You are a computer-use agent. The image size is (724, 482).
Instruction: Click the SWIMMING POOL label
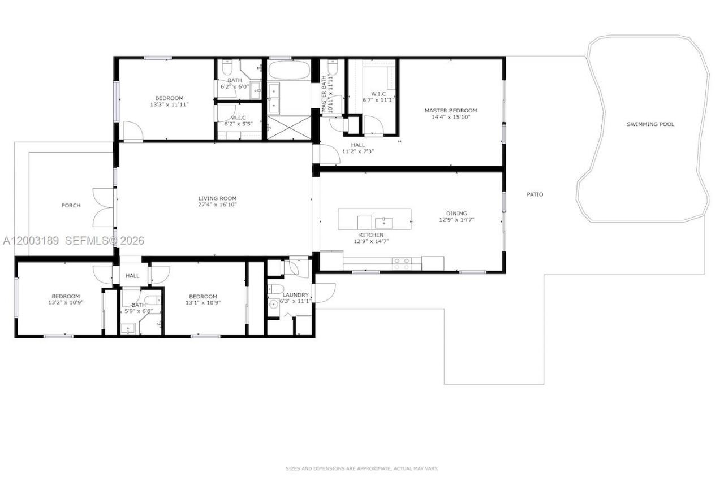tap(650, 124)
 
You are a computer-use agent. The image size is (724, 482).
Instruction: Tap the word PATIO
tap(535, 194)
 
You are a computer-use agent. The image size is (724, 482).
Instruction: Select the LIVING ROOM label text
tap(217, 198)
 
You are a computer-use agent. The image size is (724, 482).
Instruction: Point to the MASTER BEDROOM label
tap(451, 110)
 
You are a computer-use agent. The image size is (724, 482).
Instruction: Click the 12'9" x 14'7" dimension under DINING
tap(456, 220)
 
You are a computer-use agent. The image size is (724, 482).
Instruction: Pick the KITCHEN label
tap(372, 235)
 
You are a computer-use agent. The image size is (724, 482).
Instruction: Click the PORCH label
tap(71, 205)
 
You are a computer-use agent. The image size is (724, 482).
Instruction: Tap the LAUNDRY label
tap(295, 295)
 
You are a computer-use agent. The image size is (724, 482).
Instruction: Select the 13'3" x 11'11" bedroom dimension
tap(169, 105)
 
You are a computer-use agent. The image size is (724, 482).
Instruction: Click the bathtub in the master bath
tap(289, 70)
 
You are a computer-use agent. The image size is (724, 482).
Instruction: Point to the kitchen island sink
tap(383, 223)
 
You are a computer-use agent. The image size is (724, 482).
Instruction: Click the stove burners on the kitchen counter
tap(402, 263)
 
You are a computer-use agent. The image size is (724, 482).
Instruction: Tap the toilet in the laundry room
tap(275, 289)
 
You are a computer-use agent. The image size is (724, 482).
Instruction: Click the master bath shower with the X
tap(289, 128)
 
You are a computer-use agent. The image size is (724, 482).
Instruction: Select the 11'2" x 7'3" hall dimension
tap(358, 151)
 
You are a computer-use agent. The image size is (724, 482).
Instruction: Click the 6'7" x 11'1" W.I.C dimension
tap(378, 100)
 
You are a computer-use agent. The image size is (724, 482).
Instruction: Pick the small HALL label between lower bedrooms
tap(132, 276)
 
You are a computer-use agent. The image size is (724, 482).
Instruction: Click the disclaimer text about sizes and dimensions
tap(361, 468)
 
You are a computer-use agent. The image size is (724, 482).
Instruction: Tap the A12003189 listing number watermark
tap(31, 241)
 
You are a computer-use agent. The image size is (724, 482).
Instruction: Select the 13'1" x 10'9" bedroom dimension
tap(203, 303)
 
